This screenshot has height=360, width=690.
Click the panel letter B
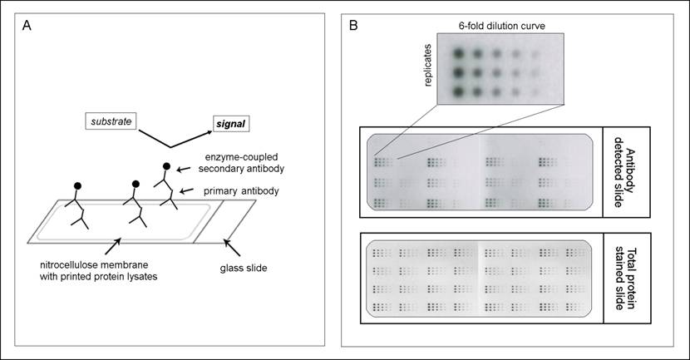pos(354,26)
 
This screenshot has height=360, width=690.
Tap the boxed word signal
pos(227,125)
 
